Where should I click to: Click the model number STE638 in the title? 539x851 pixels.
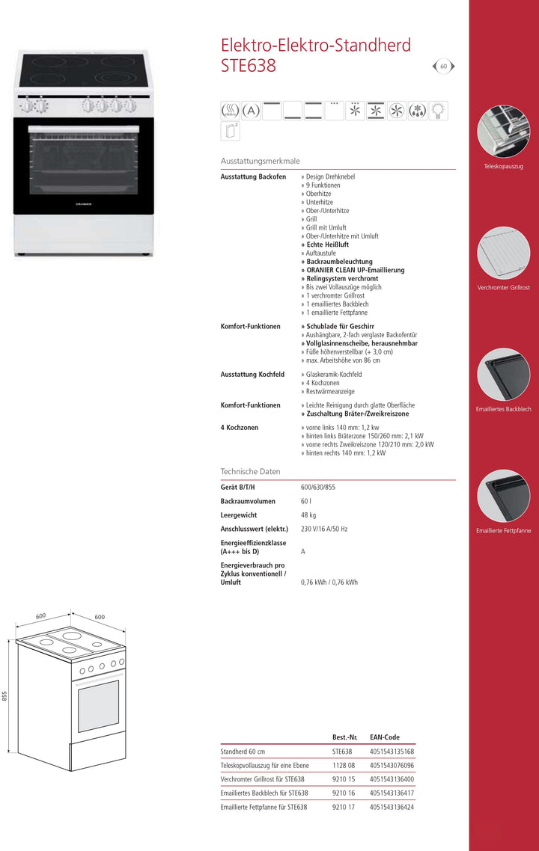[249, 66]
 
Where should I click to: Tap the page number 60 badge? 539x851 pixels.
[443, 67]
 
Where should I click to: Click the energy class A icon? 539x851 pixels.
[251, 111]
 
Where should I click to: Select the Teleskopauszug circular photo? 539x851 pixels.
[503, 131]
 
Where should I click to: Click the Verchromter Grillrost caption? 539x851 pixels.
[504, 288]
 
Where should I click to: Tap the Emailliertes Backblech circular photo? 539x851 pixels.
[503, 374]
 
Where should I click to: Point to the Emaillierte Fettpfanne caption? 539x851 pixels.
[504, 531]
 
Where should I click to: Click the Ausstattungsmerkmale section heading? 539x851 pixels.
[260, 161]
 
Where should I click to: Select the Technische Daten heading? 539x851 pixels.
[250, 472]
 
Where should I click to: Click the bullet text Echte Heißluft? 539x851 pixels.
[326, 245]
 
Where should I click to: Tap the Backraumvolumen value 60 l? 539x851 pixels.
[305, 502]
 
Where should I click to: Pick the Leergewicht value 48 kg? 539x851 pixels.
[308, 515]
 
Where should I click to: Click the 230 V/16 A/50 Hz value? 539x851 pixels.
[324, 529]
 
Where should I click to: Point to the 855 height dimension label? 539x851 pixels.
[4, 695]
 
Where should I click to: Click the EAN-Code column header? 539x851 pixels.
[385, 737]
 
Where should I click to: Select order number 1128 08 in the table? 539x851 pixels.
[344, 766]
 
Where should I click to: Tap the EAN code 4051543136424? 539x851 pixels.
[392, 808]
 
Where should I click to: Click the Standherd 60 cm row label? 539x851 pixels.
[243, 752]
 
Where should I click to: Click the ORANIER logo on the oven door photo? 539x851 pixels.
[84, 203]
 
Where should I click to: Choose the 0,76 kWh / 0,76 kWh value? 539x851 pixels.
[329, 583]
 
